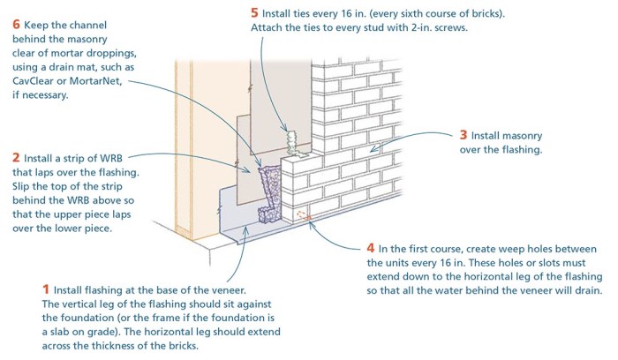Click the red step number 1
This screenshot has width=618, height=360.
pyautogui.click(x=46, y=289)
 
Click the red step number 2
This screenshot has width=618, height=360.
pyautogui.click(x=16, y=156)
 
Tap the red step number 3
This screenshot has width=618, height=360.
pyautogui.click(x=463, y=136)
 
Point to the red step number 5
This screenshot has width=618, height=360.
pyautogui.click(x=255, y=13)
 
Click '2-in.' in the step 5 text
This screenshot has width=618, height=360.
pyautogui.click(x=418, y=28)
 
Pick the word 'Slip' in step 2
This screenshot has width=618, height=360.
pyautogui.click(x=24, y=187)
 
